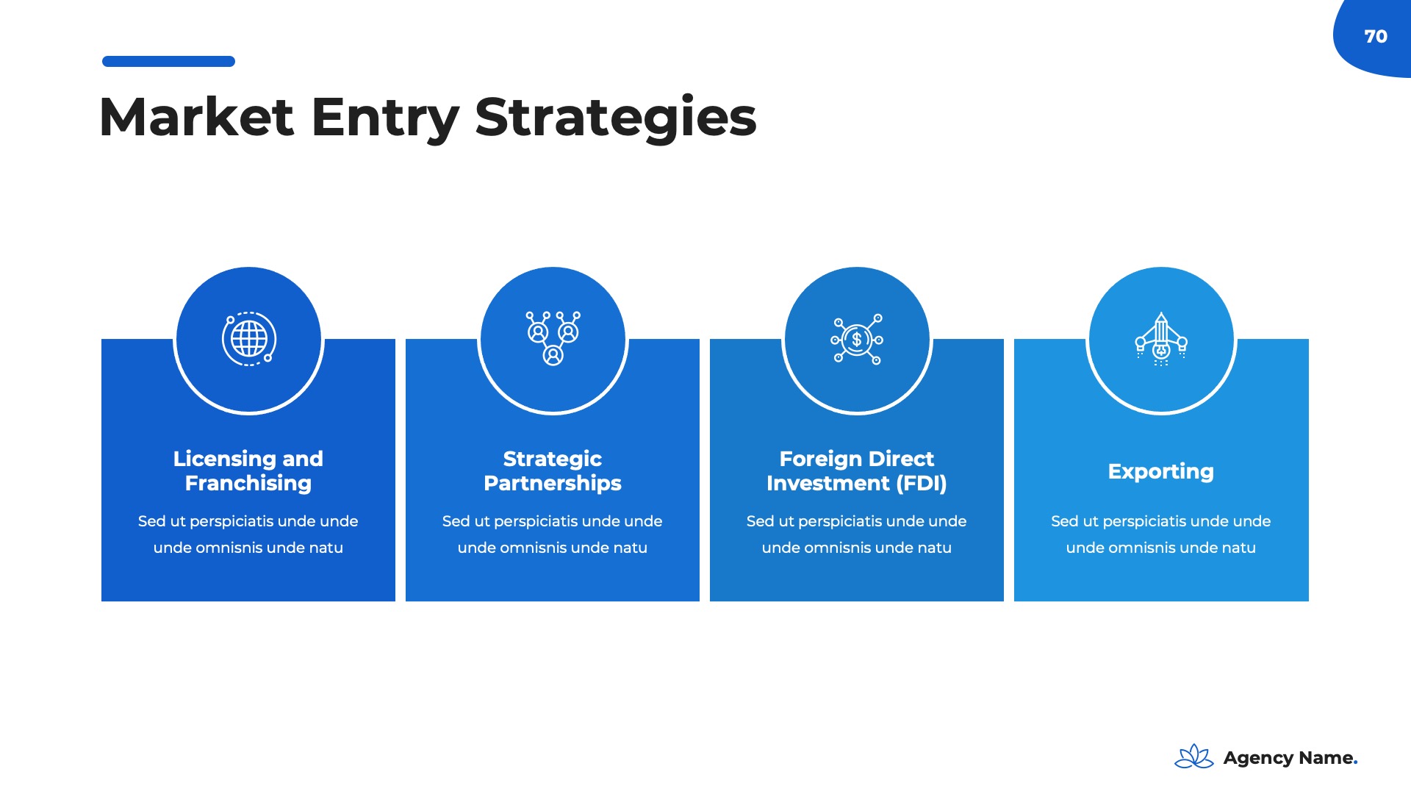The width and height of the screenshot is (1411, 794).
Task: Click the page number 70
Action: [1375, 36]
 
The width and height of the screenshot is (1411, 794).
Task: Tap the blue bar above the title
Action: [168, 62]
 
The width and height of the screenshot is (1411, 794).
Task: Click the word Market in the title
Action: [196, 117]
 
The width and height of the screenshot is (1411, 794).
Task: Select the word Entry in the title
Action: [385, 117]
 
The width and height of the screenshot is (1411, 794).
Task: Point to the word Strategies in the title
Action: [615, 117]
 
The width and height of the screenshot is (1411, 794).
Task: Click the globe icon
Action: [249, 339]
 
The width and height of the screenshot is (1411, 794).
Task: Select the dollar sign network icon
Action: [857, 340]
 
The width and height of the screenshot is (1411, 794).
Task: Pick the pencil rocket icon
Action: [1161, 339]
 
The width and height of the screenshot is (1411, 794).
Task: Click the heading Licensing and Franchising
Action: [248, 471]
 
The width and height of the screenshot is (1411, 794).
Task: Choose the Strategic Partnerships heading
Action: [553, 471]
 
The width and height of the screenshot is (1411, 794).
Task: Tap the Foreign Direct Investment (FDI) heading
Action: [857, 471]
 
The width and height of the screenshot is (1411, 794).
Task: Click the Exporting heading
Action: [1161, 471]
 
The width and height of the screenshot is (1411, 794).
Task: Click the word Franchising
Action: [248, 483]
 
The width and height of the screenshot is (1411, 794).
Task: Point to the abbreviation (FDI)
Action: [922, 483]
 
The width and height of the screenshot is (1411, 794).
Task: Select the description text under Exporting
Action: [1161, 534]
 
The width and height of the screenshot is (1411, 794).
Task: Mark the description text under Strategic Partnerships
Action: [553, 534]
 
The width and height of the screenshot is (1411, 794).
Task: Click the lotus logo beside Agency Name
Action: [1193, 757]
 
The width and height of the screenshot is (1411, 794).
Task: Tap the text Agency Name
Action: [1290, 758]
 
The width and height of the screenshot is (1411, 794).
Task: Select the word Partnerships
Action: [553, 483]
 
